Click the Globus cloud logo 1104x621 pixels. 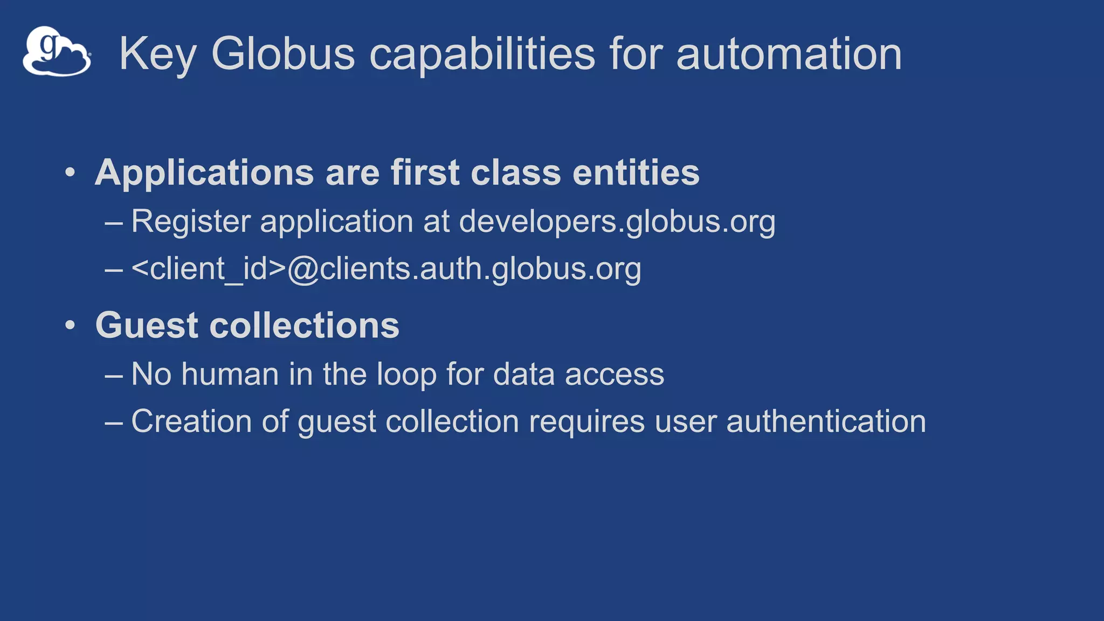point(57,51)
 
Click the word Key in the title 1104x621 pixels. point(157,54)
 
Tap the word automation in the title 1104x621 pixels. point(789,54)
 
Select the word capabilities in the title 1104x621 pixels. point(482,54)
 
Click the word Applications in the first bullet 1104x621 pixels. point(204,173)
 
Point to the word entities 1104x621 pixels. point(636,173)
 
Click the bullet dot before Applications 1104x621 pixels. point(70,173)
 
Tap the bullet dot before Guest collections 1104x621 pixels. point(70,325)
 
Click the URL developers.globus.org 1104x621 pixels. point(617,222)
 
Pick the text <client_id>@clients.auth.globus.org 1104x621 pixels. point(386,268)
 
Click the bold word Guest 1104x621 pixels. point(147,326)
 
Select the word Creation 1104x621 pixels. point(191,421)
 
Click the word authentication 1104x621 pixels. point(826,421)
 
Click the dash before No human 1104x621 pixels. point(114,375)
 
